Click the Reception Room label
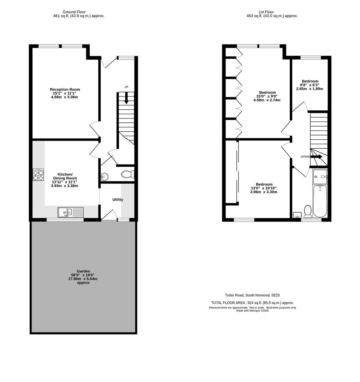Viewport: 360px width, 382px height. coord(65,89)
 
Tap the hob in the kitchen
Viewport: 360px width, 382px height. coord(38,175)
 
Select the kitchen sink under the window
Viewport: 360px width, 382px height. coord(71,212)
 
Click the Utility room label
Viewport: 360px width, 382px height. coord(118,199)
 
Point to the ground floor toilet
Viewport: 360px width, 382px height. coord(127,174)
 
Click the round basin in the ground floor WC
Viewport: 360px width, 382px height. coord(105,176)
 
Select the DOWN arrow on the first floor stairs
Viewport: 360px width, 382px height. coord(316,157)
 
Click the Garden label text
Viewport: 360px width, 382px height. coord(83,271)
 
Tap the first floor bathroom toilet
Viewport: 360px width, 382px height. coord(308,212)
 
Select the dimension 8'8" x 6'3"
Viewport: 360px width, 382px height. coord(309,85)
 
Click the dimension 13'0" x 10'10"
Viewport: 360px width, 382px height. coord(264,188)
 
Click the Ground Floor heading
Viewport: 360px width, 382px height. coord(74,12)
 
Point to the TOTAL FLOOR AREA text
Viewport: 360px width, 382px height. coord(252,303)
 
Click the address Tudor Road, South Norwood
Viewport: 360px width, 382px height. coord(252,295)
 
